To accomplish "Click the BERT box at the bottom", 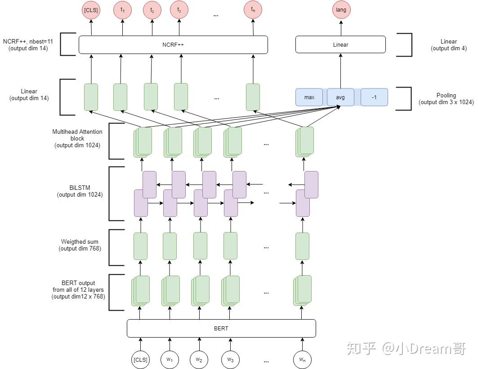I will pyautogui.click(x=221, y=328).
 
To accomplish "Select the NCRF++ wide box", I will pyautogui.click(x=173, y=45).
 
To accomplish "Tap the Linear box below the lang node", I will pyautogui.click(x=340, y=45).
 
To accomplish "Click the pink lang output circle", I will pyautogui.click(x=341, y=9).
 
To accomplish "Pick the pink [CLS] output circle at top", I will pyautogui.click(x=91, y=10).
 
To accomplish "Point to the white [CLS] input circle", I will pyautogui.click(x=140, y=359).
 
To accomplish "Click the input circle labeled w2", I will pyautogui.click(x=199, y=359).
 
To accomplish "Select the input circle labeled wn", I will pyautogui.click(x=302, y=359).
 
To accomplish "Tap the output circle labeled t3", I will pyautogui.click(x=179, y=10).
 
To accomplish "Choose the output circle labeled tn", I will pyautogui.click(x=253, y=10).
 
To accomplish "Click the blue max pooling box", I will pyautogui.click(x=309, y=97).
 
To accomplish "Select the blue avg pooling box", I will pyautogui.click(x=340, y=97).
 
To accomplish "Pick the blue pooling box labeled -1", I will pyautogui.click(x=374, y=97).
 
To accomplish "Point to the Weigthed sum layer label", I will pyautogui.click(x=80, y=245).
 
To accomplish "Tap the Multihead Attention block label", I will pyautogui.click(x=77, y=138).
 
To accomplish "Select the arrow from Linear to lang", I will pyautogui.click(x=340, y=28).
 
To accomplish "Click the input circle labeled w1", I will pyautogui.click(x=170, y=359).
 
